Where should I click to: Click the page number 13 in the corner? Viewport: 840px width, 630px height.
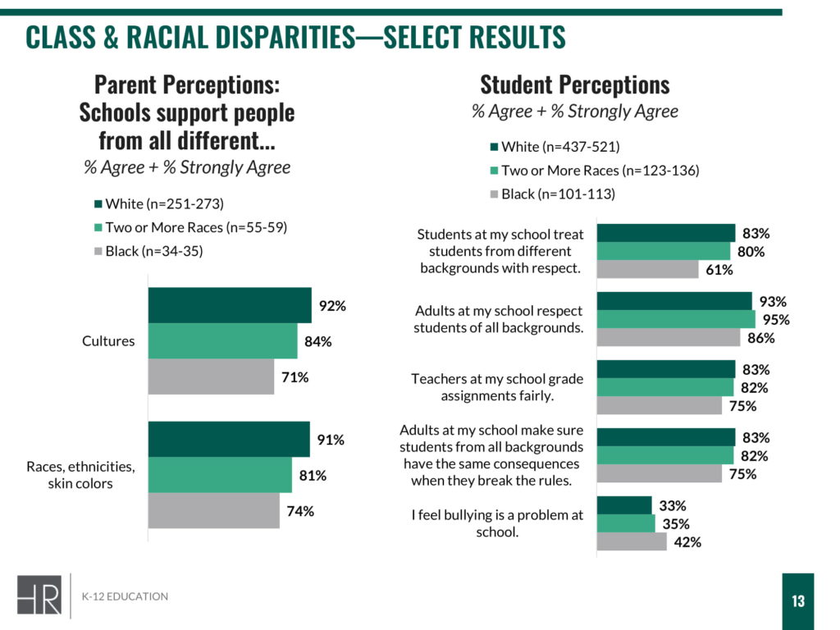coord(798,601)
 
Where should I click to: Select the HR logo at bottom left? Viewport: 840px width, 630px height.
coord(39,595)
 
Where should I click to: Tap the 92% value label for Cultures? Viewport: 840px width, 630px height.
coord(332,306)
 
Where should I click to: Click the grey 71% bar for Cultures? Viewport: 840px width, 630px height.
coord(211,377)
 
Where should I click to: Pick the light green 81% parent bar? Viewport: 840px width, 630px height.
coord(220,475)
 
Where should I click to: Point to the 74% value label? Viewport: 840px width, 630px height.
coord(301,511)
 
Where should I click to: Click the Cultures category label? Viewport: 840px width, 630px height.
coord(108,341)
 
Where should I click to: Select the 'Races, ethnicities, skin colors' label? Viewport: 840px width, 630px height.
coord(80,475)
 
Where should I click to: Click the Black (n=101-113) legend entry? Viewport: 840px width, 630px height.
coord(557,194)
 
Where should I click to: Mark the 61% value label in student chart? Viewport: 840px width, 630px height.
coord(719,270)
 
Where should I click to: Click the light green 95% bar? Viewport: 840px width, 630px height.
coord(676,319)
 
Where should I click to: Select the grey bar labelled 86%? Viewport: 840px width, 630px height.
coord(669,337)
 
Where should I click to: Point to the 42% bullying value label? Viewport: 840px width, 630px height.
coord(687,541)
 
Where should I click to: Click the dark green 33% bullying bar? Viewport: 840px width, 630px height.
coord(624,505)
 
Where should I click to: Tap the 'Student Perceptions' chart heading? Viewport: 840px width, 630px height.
coord(574,84)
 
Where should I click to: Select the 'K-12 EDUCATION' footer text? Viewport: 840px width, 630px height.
coord(126,596)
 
